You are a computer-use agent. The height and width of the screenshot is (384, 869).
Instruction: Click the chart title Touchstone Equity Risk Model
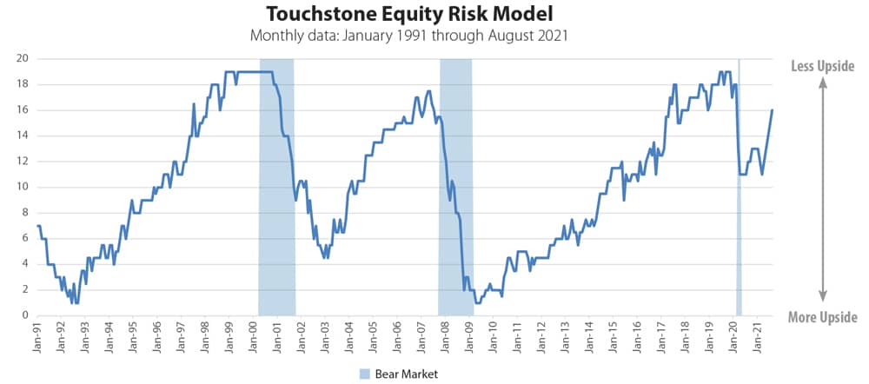(x=408, y=15)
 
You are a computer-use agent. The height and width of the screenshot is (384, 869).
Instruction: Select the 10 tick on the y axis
(x=23, y=187)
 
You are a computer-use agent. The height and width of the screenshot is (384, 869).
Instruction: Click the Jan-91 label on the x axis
(x=38, y=338)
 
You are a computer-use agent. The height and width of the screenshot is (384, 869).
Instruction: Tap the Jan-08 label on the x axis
(x=444, y=338)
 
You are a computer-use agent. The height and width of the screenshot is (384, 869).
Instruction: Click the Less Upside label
(x=822, y=66)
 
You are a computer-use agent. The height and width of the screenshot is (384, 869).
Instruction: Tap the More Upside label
(x=822, y=317)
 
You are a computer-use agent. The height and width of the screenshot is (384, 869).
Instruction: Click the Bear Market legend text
(x=406, y=374)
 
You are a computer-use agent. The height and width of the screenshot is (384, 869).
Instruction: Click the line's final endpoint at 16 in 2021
(x=772, y=109)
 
